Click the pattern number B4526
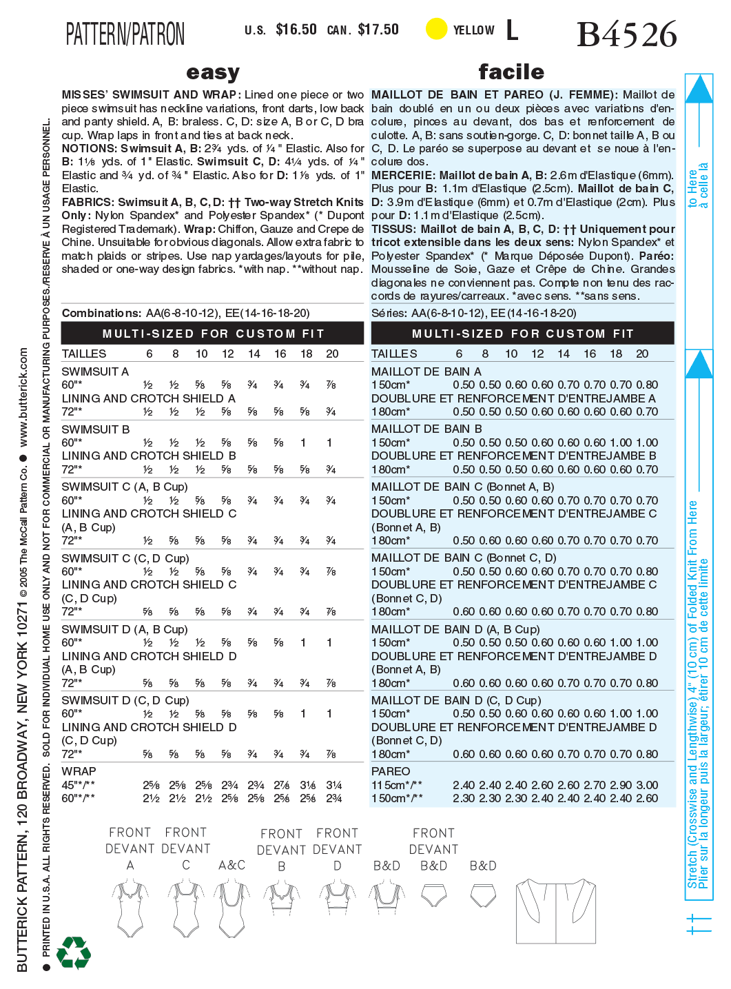point(626,34)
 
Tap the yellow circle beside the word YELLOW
point(436,29)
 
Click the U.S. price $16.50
point(296,30)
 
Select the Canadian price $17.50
point(378,30)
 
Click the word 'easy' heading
point(213,72)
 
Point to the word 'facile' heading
point(511,72)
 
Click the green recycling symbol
point(74,952)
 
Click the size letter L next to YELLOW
point(512,30)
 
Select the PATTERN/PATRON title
point(125,34)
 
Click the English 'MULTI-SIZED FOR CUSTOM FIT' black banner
point(212,334)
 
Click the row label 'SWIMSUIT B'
point(95,429)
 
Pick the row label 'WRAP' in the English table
point(79,771)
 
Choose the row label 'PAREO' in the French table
point(391,771)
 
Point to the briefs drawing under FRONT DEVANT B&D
point(434,897)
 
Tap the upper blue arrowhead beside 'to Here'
point(699,89)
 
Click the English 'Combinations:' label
point(101,313)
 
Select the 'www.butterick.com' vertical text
point(23,398)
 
